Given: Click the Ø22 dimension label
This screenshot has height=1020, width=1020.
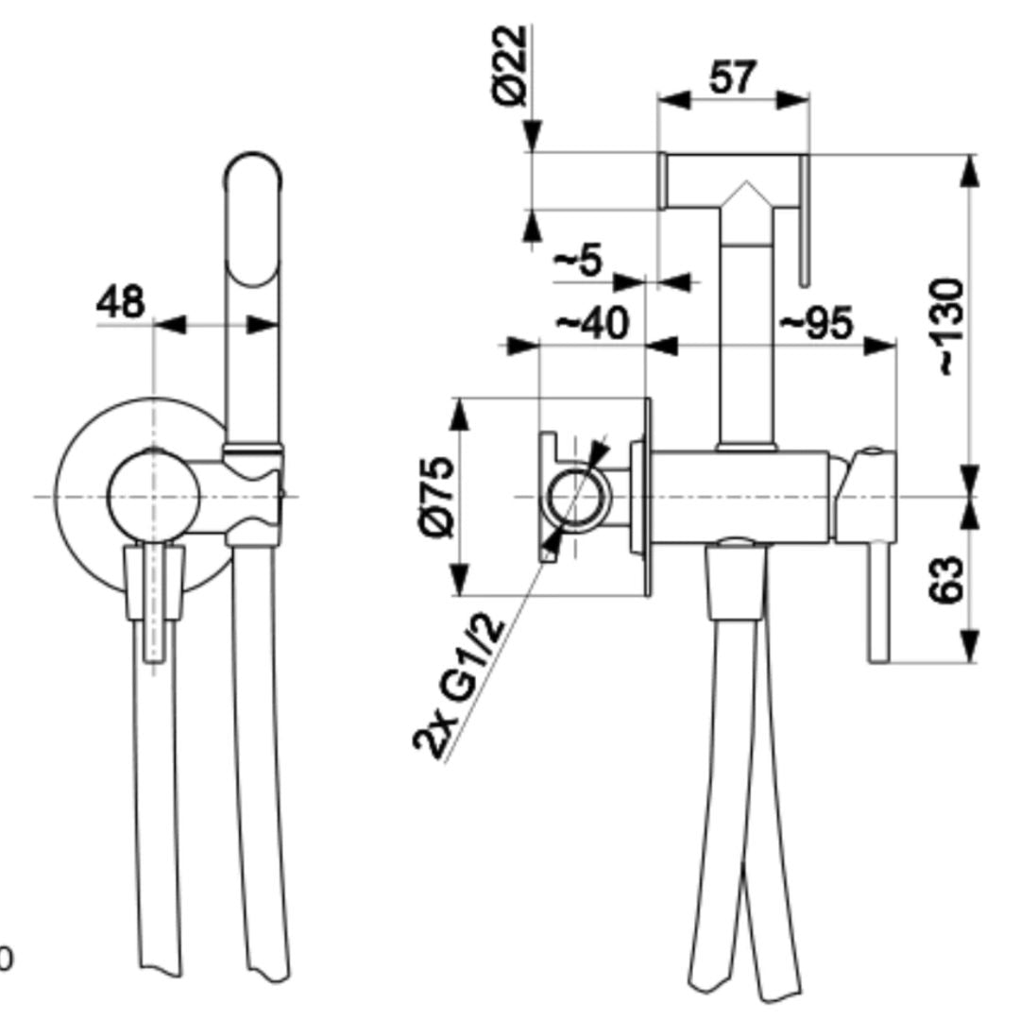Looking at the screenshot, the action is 509,65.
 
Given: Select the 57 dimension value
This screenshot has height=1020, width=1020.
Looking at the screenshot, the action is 733,76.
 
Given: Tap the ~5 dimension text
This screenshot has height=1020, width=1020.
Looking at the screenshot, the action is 578,260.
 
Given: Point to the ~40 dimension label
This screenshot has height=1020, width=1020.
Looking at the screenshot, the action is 592,322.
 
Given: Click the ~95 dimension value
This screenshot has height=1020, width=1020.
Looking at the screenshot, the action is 816,322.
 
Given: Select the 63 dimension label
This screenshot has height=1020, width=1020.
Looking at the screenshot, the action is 946,580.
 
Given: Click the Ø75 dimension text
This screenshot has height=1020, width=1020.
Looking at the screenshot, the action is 437,498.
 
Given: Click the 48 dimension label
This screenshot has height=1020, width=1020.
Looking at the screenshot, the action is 120,302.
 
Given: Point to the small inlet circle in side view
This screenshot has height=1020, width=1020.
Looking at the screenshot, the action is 576,497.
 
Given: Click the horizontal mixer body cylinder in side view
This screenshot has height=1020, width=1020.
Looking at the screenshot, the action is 739,497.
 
